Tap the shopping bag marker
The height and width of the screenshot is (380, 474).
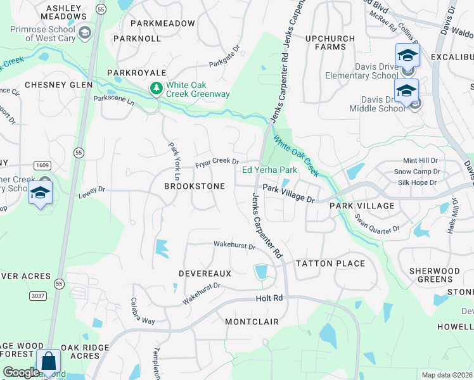click(49, 362)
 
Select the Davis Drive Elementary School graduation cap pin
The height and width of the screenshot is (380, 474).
click(407, 56)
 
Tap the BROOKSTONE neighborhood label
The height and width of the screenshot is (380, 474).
click(195, 187)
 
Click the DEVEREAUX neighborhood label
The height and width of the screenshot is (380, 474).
click(205, 273)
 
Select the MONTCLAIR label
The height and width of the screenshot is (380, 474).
click(252, 322)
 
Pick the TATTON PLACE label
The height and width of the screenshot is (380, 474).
click(330, 263)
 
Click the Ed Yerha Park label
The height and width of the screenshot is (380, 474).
click(269, 170)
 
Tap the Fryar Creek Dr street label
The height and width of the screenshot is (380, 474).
click(216, 163)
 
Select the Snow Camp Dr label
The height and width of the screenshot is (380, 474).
click(416, 172)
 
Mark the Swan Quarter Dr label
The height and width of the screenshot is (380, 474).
click(378, 224)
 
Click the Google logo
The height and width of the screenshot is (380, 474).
click(21, 372)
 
